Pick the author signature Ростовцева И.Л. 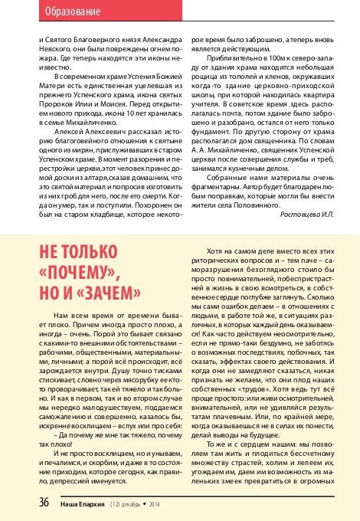click(x=304, y=213)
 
